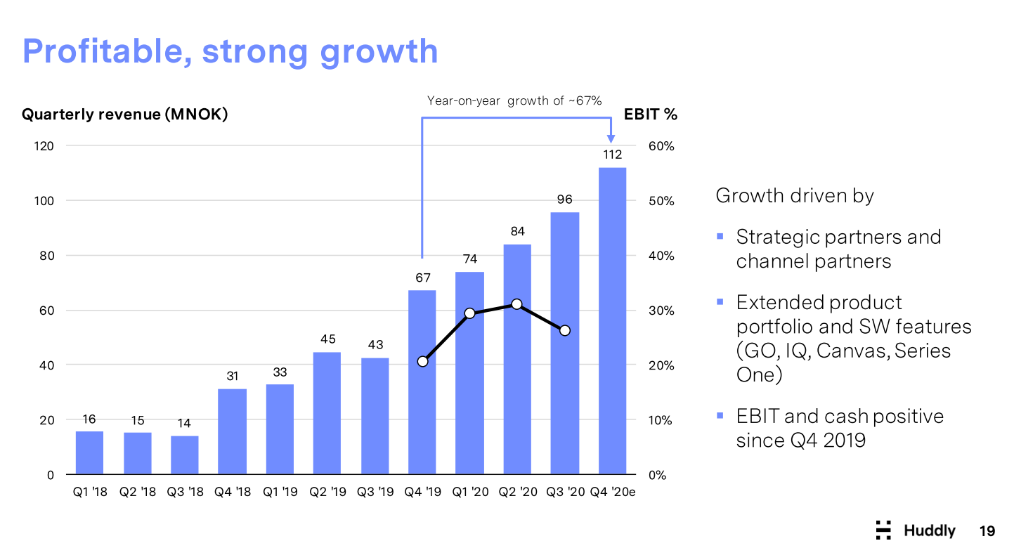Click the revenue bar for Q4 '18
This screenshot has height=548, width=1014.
coord(232,431)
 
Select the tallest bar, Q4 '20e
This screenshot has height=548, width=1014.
coord(613,321)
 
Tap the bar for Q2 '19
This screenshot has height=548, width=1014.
coord(327,413)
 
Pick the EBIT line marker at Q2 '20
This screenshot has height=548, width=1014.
coord(517,304)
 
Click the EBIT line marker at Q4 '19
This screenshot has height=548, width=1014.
coord(423,362)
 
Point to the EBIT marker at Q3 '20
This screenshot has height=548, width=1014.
coord(565,331)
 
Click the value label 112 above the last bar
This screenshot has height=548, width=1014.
coord(613,155)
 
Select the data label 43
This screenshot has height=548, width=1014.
coord(375,345)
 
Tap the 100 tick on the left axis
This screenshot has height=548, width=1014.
coord(44,201)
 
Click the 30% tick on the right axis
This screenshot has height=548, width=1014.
coord(661,311)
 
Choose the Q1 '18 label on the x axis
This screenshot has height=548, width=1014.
coord(90,492)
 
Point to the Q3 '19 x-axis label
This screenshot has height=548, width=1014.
coord(375,492)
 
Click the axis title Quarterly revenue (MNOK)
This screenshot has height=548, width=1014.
coord(125,114)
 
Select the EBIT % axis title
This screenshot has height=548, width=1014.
coord(651,114)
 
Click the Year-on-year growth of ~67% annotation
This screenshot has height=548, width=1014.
coord(514,100)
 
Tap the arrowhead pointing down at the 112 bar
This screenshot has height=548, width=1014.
coord(611,138)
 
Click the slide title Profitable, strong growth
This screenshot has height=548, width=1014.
coord(230,52)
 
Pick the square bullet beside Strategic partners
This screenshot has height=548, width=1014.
coord(720,236)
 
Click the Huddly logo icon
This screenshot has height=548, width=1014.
coord(883,530)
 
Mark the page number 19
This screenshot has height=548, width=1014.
coord(987,531)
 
